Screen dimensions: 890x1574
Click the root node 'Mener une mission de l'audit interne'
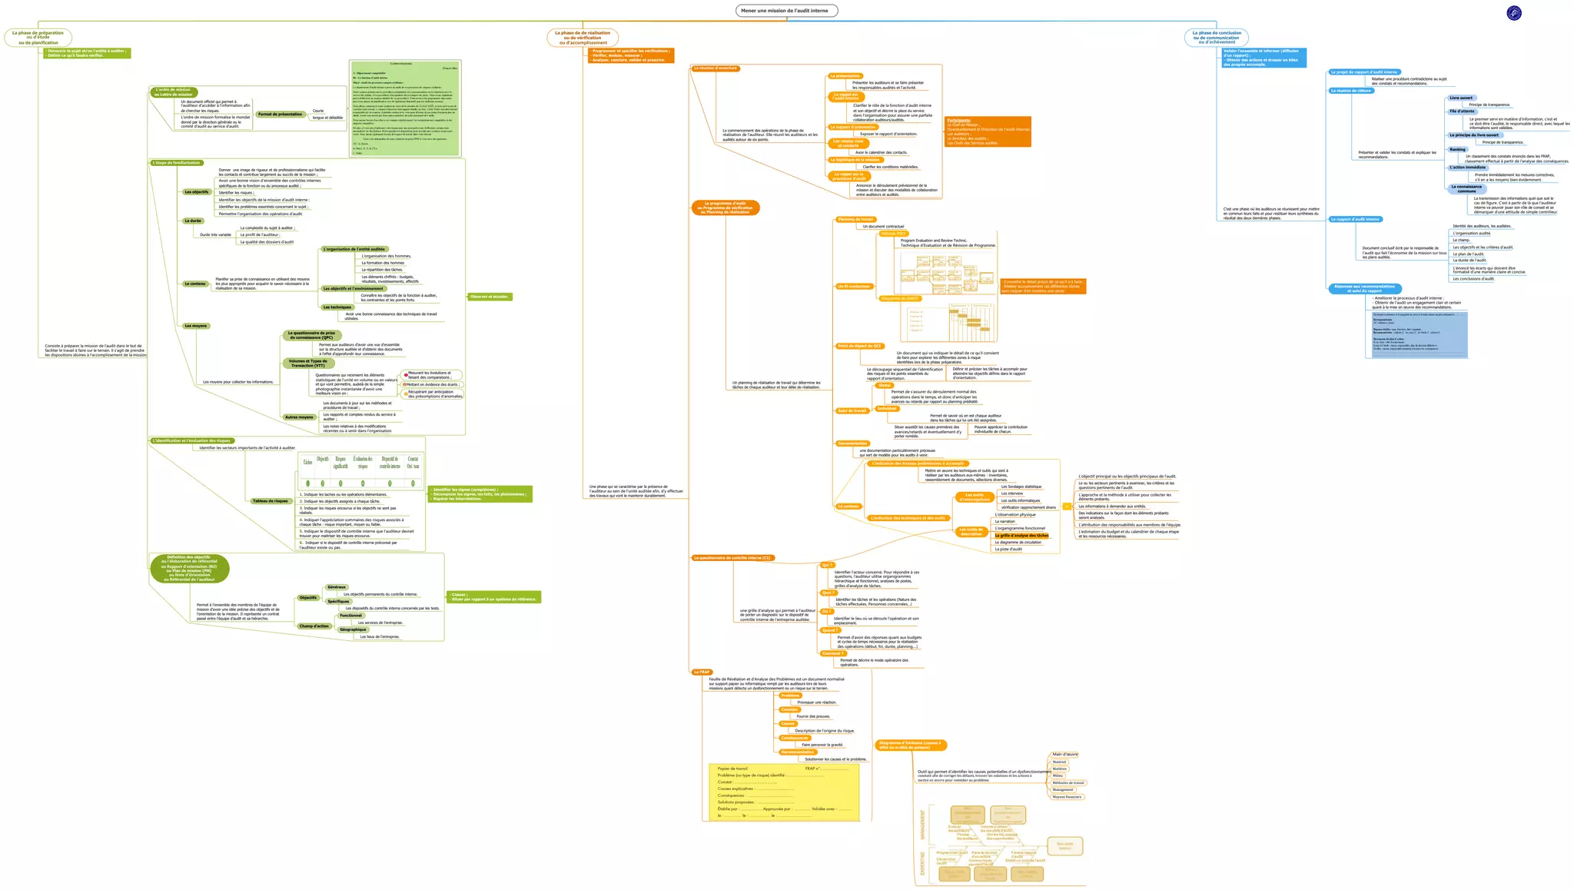786,11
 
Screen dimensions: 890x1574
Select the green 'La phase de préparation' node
38,38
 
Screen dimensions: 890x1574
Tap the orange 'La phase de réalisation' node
583,38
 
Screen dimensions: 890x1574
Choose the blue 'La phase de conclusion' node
1217,38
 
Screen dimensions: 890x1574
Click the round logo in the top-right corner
1514,12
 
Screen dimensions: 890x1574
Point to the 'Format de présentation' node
280,115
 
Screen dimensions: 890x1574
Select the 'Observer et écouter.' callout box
490,297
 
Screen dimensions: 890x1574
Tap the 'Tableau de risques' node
270,501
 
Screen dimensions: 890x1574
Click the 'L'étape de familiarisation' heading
177,163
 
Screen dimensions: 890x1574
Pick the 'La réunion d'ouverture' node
716,68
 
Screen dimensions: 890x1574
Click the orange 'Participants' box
988,131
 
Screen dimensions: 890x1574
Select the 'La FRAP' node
701,672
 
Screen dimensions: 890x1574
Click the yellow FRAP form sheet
782,792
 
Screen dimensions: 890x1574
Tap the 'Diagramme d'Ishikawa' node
911,745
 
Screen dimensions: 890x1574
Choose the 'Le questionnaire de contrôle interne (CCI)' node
732,558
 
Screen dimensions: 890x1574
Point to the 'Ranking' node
1458,150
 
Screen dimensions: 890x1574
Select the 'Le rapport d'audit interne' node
1356,219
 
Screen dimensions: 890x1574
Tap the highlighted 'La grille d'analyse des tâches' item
1021,536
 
